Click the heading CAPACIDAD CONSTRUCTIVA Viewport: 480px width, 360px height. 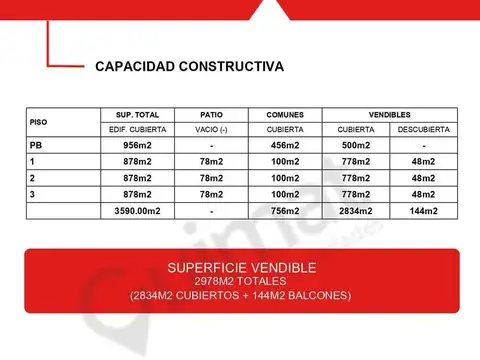point(189,67)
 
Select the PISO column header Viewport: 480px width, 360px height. point(39,122)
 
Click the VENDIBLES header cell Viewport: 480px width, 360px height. point(389,115)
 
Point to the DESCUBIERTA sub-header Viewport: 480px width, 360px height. point(423,130)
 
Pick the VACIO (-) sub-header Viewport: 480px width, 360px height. point(212,130)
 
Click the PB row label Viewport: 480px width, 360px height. point(36,146)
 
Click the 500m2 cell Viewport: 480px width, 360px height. point(356,146)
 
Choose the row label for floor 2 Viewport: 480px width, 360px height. point(33,178)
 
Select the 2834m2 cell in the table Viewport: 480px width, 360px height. point(356,211)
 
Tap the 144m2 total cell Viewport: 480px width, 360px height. point(423,211)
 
